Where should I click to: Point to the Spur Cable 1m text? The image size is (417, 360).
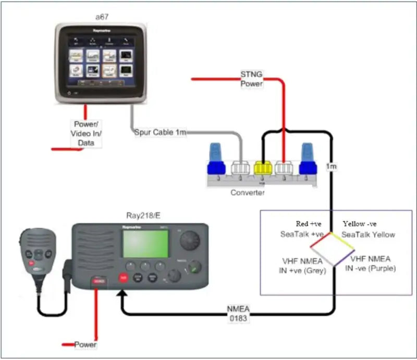tap(160, 133)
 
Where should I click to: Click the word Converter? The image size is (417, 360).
tap(248, 193)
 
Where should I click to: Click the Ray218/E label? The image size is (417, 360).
tap(142, 214)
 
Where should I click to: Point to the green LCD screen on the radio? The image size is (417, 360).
tap(145, 244)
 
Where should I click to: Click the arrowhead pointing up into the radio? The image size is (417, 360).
tap(122, 296)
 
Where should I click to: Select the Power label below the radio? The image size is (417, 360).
tap(85, 344)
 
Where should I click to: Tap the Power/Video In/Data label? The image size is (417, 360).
tap(86, 133)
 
